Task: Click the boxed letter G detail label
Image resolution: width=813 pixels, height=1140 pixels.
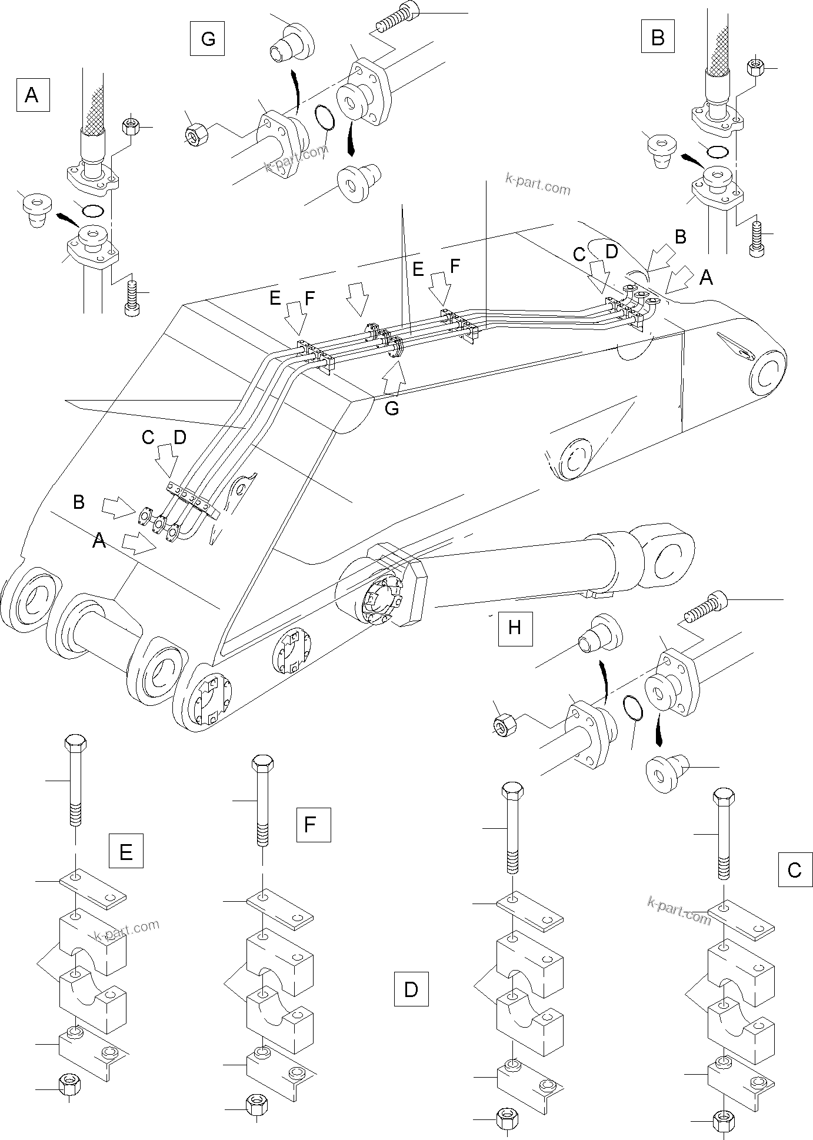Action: click(x=208, y=39)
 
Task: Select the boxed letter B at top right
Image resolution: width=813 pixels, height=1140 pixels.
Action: click(x=658, y=38)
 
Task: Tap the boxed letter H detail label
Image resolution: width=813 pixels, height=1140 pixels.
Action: click(x=515, y=628)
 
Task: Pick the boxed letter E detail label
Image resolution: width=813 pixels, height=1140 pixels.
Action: click(x=126, y=851)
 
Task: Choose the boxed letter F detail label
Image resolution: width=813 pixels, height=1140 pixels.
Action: click(x=310, y=825)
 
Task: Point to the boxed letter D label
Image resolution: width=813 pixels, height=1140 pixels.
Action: click(x=411, y=989)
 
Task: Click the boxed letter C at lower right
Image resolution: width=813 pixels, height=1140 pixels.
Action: click(x=795, y=869)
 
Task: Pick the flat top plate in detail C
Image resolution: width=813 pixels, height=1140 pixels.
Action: click(x=739, y=922)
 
